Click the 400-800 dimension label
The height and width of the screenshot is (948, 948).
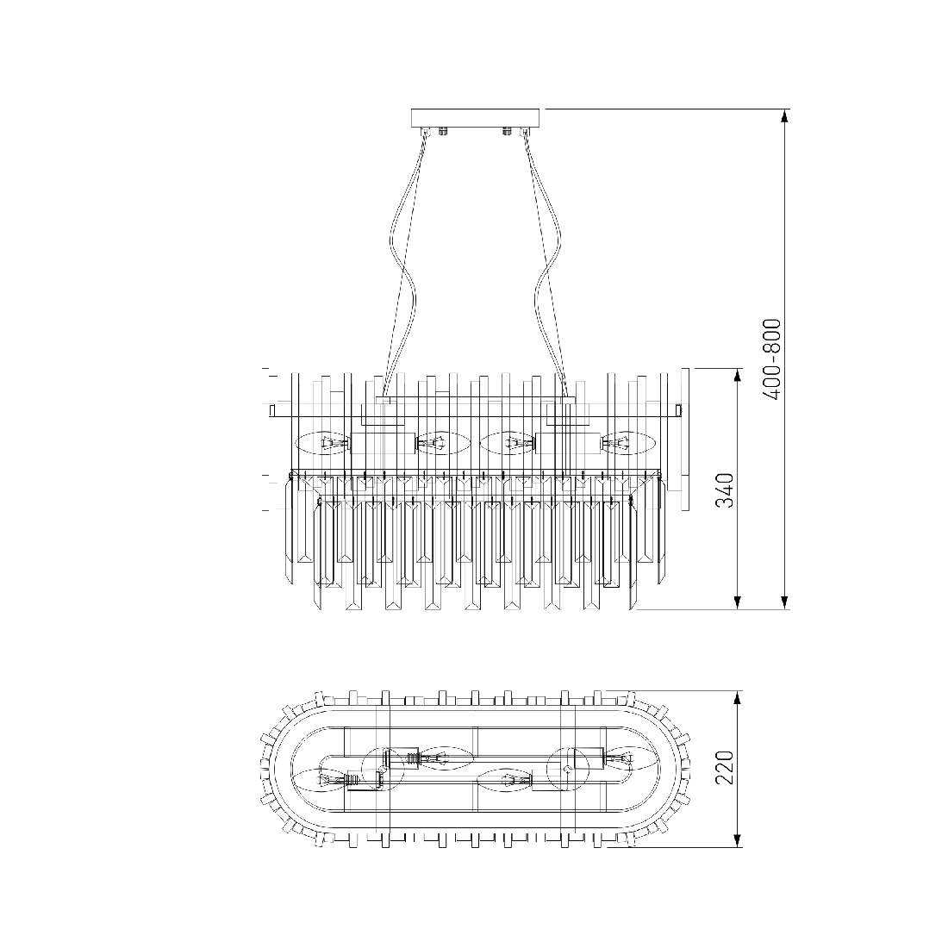point(772,359)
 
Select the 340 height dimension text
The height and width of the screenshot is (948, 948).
point(725,490)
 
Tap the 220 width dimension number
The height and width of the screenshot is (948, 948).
point(725,767)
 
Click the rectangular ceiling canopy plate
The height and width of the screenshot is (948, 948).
point(475,117)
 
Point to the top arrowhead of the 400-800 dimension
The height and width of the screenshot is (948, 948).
point(785,117)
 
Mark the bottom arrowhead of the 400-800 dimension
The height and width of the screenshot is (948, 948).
point(785,602)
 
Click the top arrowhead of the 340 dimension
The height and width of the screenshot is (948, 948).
point(737,377)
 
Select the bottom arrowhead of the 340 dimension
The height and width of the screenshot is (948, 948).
point(737,602)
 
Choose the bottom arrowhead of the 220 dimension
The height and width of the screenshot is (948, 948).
point(737,838)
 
